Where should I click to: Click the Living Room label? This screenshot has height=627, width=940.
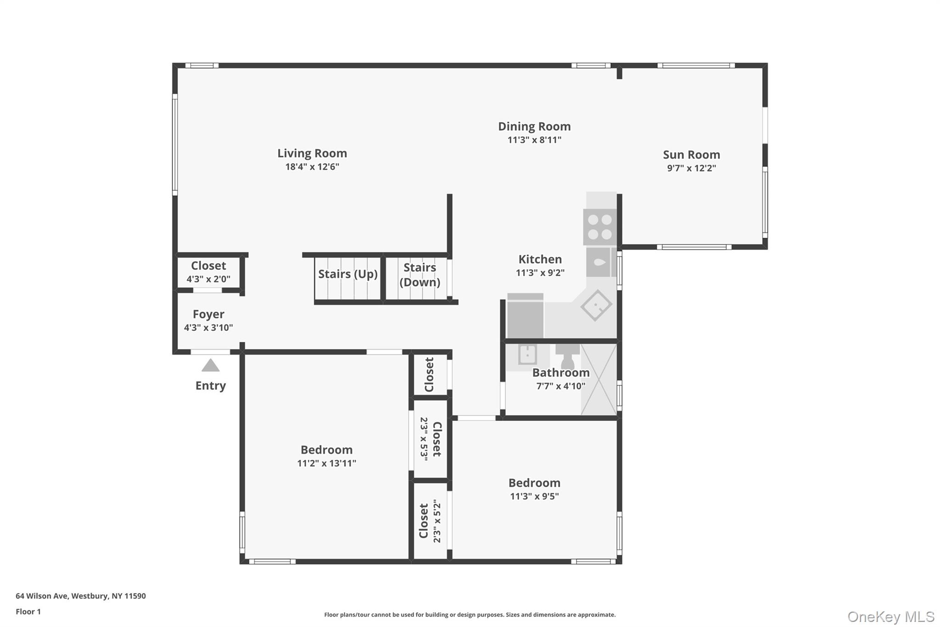tap(312, 153)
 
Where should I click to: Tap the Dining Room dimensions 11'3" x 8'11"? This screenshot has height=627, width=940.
tap(534, 140)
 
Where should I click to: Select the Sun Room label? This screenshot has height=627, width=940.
tap(691, 155)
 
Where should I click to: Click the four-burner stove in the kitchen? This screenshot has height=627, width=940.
tap(600, 227)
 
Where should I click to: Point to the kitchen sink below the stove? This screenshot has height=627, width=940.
tap(599, 262)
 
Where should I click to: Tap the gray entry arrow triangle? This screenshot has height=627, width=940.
tap(211, 366)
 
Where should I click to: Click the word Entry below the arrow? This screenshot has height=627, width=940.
tap(211, 385)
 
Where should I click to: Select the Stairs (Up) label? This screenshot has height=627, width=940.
tap(347, 274)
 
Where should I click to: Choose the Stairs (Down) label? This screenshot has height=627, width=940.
tap(420, 275)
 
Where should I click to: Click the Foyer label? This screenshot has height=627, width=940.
tap(208, 314)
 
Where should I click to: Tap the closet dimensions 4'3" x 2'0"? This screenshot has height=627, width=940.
tap(208, 279)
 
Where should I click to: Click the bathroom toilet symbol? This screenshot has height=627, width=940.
tap(567, 356)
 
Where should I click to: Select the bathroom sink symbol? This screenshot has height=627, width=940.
tap(527, 355)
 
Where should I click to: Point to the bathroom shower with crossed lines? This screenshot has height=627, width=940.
tap(599, 379)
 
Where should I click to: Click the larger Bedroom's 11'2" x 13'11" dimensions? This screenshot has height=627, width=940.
tap(326, 463)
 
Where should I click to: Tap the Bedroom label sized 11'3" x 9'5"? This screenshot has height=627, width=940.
tap(534, 483)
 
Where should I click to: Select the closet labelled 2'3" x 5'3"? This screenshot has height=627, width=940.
tap(431, 439)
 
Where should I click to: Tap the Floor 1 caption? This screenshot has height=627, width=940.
tap(28, 612)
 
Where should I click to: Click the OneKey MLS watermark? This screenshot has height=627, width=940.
tap(890, 616)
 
